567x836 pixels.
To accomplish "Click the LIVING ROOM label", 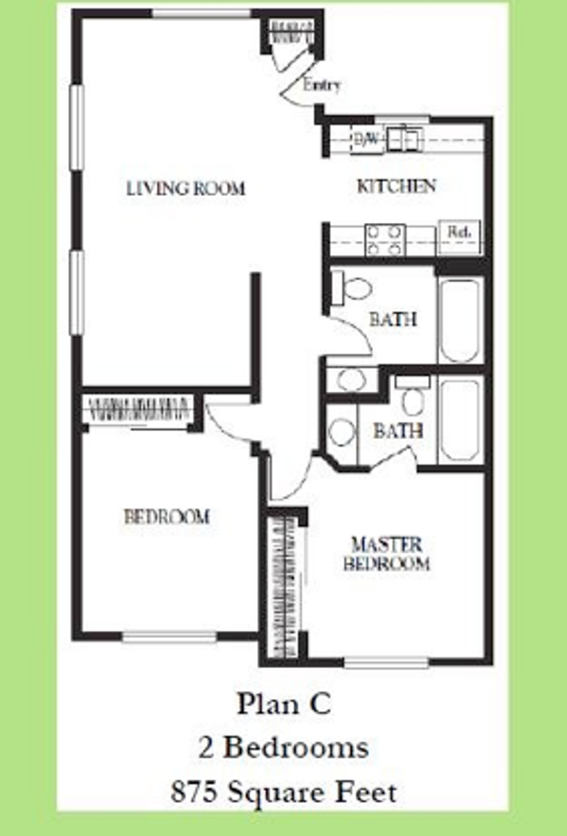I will (185, 187).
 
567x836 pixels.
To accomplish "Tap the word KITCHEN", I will (396, 185).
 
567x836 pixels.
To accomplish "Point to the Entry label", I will (321, 85).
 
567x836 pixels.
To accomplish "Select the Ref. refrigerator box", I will (458, 233).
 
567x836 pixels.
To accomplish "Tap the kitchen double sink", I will (403, 138).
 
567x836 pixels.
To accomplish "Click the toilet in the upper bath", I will (354, 285).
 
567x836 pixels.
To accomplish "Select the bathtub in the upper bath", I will (459, 320).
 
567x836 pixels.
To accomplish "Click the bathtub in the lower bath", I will (459, 420).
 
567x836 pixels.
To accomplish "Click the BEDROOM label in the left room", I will (166, 516).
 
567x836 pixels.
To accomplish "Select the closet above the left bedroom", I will (139, 408).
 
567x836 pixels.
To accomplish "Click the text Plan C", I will (283, 704).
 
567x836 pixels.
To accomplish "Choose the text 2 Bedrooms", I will (283, 747).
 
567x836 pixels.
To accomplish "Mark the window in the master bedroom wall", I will (386, 663).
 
